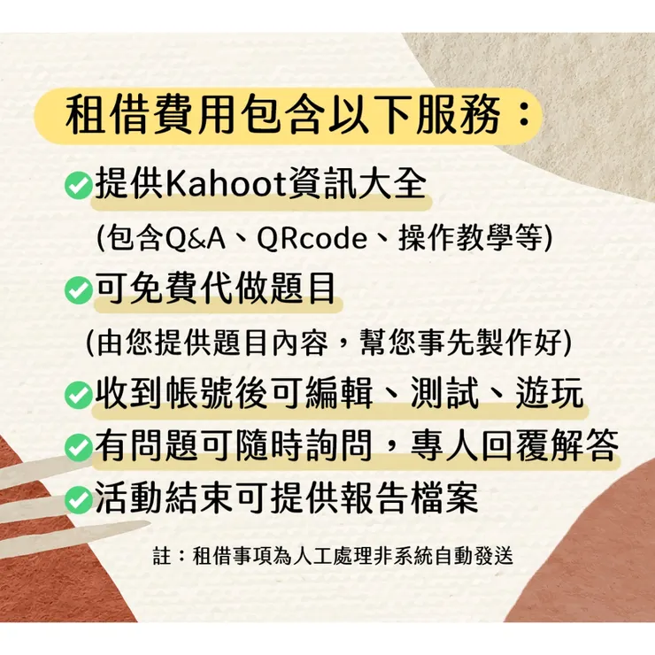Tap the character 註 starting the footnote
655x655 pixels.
click(x=161, y=557)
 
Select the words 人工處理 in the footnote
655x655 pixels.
click(x=333, y=557)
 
